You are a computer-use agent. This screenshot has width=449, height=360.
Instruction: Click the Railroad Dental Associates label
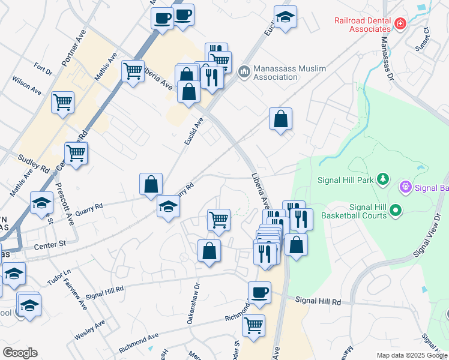pyautogui.click(x=363, y=25)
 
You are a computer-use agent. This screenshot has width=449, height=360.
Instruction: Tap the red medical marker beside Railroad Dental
pyautogui.click(x=400, y=24)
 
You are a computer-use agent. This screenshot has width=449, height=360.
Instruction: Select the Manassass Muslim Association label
pyautogui.click(x=289, y=73)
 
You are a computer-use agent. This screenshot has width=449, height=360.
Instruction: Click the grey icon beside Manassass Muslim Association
pyautogui.click(x=244, y=73)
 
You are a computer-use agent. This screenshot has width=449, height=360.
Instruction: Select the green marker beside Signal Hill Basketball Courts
pyautogui.click(x=395, y=210)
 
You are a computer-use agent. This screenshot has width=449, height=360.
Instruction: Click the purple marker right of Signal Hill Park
pyautogui.click(x=406, y=188)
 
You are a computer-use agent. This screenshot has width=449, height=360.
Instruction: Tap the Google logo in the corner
pyautogui.click(x=20, y=353)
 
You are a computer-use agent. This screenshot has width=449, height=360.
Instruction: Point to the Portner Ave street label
pyautogui.click(x=70, y=47)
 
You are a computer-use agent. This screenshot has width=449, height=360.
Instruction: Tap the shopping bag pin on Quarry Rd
pyautogui.click(x=151, y=184)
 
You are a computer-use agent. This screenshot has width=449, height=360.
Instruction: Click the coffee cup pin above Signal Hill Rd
pyautogui.click(x=259, y=292)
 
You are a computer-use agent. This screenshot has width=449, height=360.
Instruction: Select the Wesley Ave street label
pyautogui.click(x=89, y=331)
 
